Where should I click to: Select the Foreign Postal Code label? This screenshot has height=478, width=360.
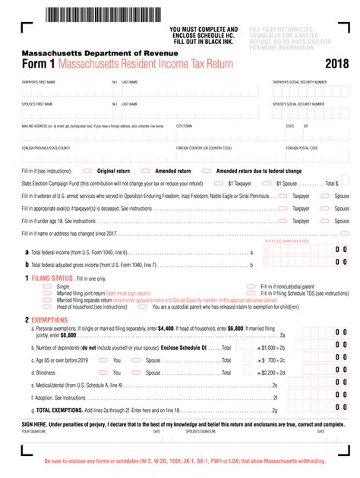(x=302, y=149)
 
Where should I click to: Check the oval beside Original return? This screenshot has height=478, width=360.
(x=88, y=171)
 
